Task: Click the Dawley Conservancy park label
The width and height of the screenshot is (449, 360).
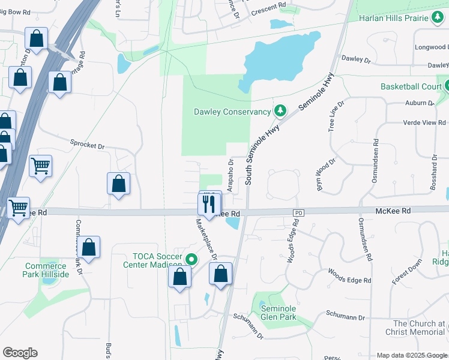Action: pos(232,112)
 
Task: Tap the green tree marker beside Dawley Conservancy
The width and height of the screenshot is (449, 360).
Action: pos(280,111)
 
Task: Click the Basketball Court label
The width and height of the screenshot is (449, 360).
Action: pos(411,86)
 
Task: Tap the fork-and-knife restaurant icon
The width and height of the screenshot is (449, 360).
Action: pos(209,203)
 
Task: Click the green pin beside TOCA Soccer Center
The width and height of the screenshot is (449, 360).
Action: pos(191,260)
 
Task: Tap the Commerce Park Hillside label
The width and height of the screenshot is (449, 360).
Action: pos(47,270)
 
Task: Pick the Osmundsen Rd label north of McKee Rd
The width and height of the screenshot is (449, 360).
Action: pos(376,156)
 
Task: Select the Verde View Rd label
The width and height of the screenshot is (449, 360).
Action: pos(424,122)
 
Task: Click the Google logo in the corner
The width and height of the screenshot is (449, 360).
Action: pos(20,353)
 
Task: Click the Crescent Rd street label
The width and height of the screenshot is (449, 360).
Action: pos(268,7)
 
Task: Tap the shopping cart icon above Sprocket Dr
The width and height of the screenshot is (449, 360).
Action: pos(40,165)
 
